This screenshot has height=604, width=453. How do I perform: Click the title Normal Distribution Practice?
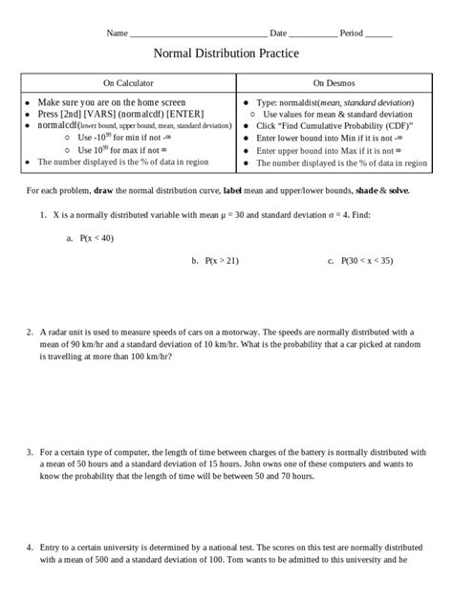pos(226,54)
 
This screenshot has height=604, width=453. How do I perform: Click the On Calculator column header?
pos(129,83)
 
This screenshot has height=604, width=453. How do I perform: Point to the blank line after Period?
pos(378,33)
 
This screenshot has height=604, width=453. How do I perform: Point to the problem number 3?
pos(30,448)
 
